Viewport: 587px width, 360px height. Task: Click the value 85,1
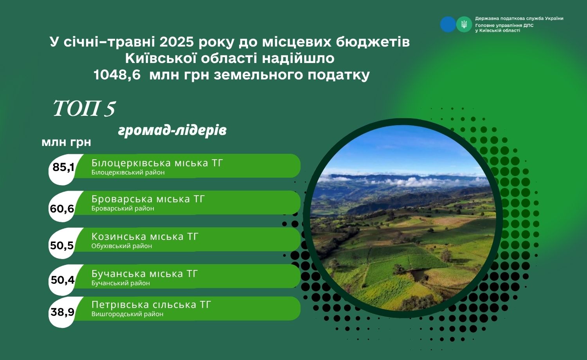pyautogui.click(x=63, y=167)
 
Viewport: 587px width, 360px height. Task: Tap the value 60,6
pyautogui.click(x=62, y=209)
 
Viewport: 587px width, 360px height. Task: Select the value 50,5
pyautogui.click(x=62, y=245)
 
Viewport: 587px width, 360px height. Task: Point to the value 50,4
pyautogui.click(x=63, y=280)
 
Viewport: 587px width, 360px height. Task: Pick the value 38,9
pyautogui.click(x=63, y=312)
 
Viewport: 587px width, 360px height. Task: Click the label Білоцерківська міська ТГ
pyautogui.click(x=157, y=163)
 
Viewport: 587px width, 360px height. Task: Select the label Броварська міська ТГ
pyautogui.click(x=148, y=199)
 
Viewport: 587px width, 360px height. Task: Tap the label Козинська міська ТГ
pyautogui.click(x=145, y=237)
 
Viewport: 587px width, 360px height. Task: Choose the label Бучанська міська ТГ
pyautogui.click(x=144, y=274)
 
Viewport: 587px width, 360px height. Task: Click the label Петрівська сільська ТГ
pyautogui.click(x=151, y=305)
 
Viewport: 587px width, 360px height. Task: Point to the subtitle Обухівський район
pyautogui.click(x=122, y=246)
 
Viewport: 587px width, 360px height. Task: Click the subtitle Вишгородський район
pyautogui.click(x=127, y=314)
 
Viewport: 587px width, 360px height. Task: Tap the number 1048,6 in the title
pyautogui.click(x=117, y=75)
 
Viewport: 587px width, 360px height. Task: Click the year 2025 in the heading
pyautogui.click(x=176, y=42)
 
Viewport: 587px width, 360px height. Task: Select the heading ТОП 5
pyautogui.click(x=84, y=108)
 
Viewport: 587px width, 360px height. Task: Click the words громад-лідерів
pyautogui.click(x=173, y=130)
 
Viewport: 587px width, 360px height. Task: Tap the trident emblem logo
pyautogui.click(x=464, y=24)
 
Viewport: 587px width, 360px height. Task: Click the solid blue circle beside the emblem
pyautogui.click(x=448, y=24)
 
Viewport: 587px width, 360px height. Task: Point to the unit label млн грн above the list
pyautogui.click(x=66, y=142)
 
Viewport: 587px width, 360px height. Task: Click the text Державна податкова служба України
pyautogui.click(x=519, y=19)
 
